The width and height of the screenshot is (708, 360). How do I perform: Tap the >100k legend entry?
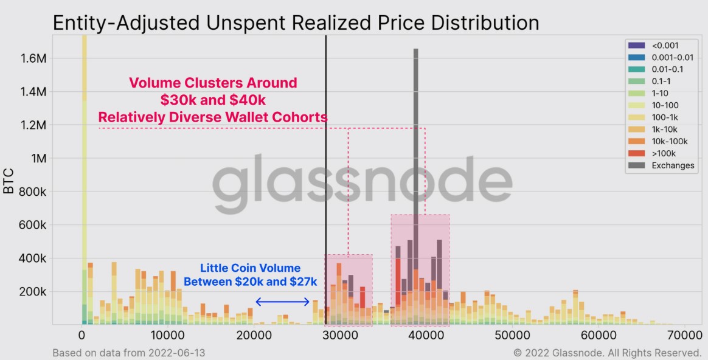pyautogui.click(x=664, y=153)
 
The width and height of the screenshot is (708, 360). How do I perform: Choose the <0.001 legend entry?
pyautogui.click(x=665, y=45)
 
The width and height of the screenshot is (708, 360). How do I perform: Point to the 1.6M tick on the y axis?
pyautogui.click(x=33, y=59)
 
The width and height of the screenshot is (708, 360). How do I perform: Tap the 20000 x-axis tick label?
pyautogui.click(x=254, y=335)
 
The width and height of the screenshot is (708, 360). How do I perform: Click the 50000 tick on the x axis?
pyautogui.click(x=512, y=335)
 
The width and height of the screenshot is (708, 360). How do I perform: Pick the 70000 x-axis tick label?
pyautogui.click(x=685, y=335)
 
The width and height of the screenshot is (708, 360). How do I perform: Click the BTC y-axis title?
pyautogui.click(x=9, y=181)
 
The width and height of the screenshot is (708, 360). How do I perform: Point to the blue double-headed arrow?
pyautogui.click(x=283, y=302)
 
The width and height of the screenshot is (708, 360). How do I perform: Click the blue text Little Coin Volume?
pyautogui.click(x=251, y=268)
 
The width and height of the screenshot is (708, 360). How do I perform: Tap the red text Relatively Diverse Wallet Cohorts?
pyautogui.click(x=213, y=117)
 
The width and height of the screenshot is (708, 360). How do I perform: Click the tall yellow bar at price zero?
pyautogui.click(x=84, y=152)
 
